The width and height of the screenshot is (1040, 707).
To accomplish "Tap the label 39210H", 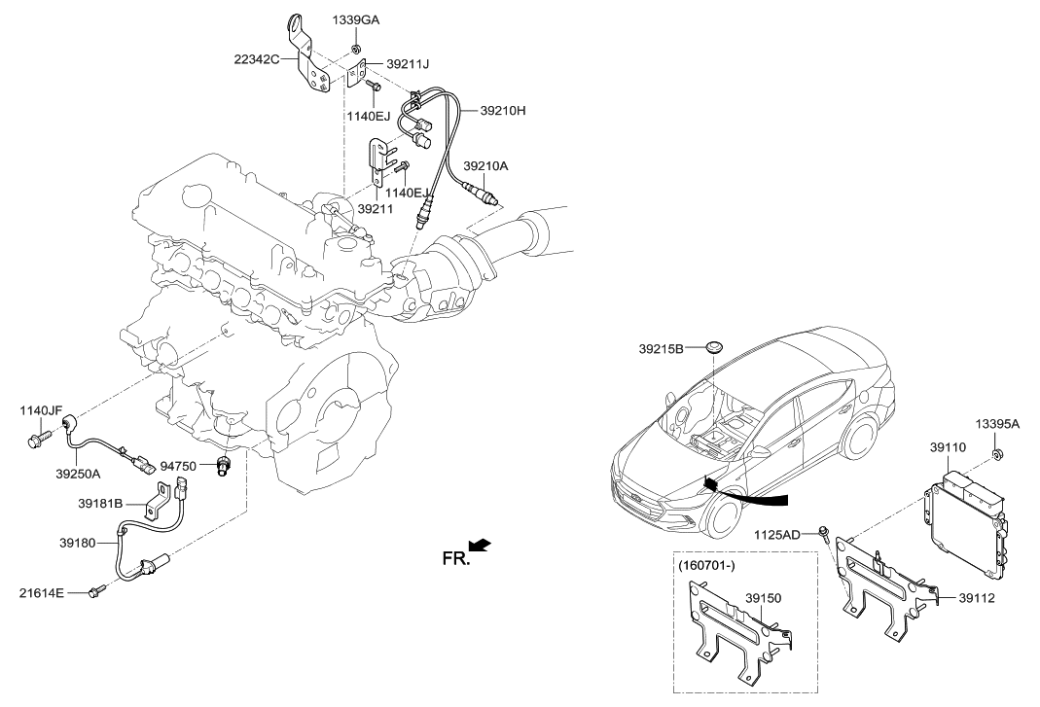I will [x=502, y=111].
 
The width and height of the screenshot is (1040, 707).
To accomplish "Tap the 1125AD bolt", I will [x=825, y=532].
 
